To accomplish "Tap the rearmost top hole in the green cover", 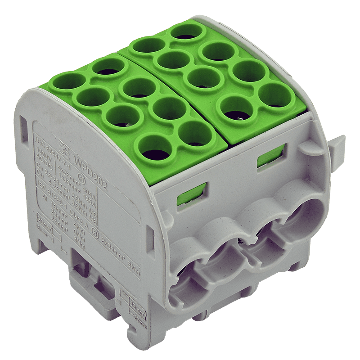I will click(185, 34).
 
